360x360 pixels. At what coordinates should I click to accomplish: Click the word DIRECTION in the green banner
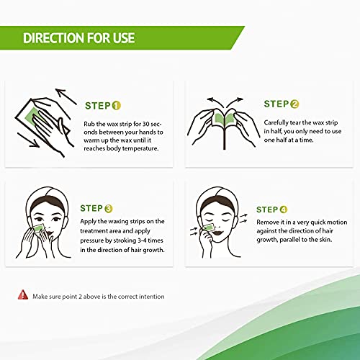(53, 38)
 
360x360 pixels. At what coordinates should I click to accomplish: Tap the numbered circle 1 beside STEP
(116, 106)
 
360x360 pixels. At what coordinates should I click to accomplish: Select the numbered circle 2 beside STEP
(294, 104)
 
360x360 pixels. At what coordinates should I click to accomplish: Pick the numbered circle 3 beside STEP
(109, 208)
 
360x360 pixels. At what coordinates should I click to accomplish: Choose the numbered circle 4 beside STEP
(284, 210)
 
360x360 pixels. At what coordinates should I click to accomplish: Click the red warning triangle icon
(23, 294)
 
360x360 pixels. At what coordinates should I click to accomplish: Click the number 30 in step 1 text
(146, 124)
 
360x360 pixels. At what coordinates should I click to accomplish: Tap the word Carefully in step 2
(276, 122)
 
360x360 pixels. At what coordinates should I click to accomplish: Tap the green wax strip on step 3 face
(39, 228)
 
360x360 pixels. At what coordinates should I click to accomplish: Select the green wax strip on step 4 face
(208, 228)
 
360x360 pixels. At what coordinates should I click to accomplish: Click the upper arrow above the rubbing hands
(66, 96)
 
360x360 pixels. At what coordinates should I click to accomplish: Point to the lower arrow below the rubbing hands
(28, 140)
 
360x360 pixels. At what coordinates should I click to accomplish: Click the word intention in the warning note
(152, 297)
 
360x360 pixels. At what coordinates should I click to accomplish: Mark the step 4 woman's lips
(218, 233)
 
